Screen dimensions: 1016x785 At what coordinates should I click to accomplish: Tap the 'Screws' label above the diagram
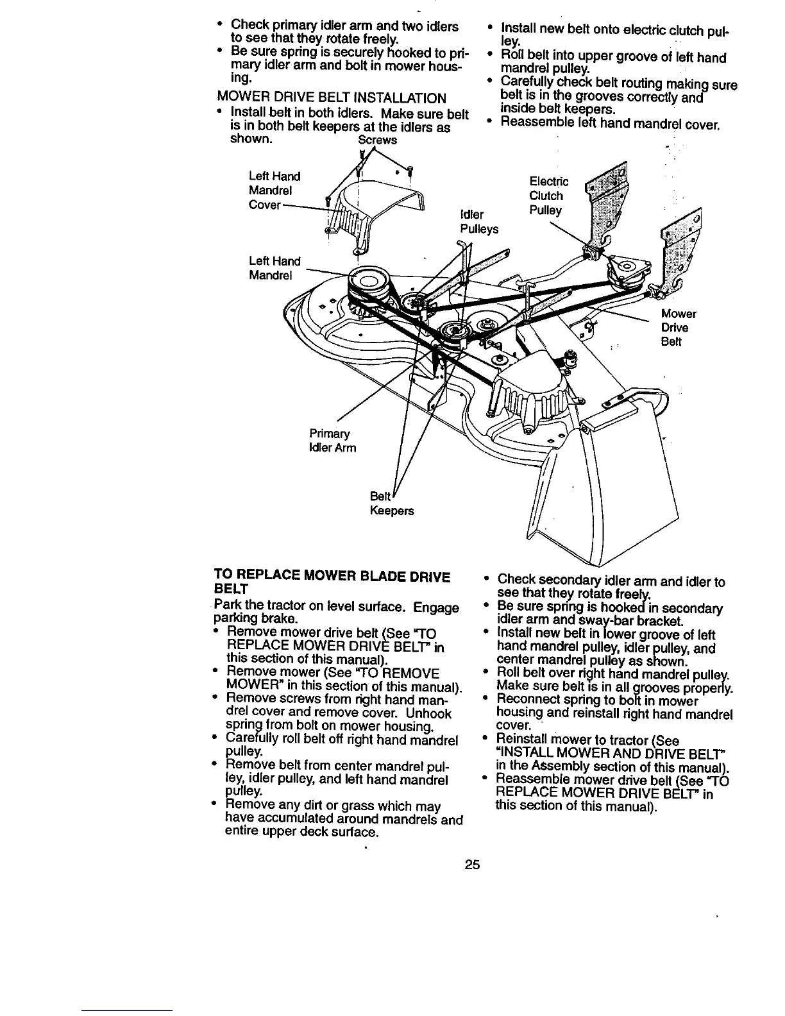377,140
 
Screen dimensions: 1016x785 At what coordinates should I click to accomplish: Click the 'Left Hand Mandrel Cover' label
274,190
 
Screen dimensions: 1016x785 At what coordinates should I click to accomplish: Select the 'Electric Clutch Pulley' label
547,196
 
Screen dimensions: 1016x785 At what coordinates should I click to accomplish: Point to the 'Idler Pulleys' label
478,221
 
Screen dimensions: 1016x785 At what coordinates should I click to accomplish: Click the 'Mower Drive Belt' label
679,327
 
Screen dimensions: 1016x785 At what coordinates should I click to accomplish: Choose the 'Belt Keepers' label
391,504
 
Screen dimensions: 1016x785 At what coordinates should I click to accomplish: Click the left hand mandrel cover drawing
378,205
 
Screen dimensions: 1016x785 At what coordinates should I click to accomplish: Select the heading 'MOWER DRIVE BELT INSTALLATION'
332,98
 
